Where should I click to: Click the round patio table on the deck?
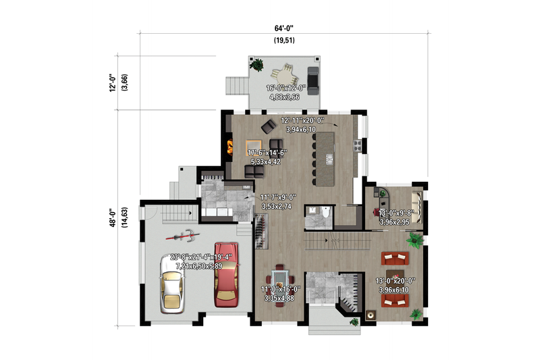(284, 72)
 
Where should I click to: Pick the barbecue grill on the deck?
(312, 74)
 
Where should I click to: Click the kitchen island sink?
(330, 159)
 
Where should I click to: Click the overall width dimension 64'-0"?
(284, 28)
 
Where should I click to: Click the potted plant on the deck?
(257, 65)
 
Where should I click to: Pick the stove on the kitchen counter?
(356, 144)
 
